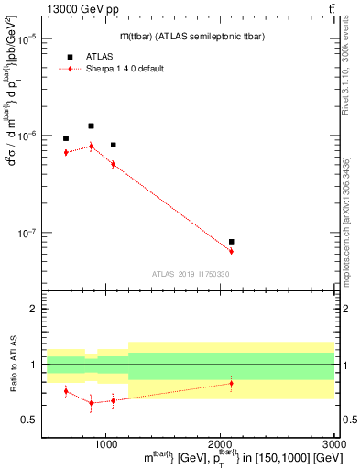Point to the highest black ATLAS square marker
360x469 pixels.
[x=91, y=125]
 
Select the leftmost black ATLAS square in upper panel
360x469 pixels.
[x=66, y=138]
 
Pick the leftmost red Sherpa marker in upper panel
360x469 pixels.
[x=66, y=152]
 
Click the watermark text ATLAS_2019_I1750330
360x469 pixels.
[x=190, y=273]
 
